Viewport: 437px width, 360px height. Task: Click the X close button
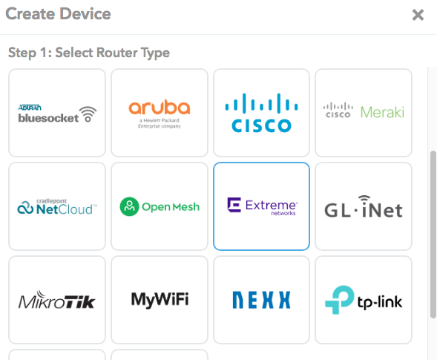(418, 15)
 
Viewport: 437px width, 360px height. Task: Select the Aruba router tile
(160, 113)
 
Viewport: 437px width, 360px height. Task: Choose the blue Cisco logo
(261, 113)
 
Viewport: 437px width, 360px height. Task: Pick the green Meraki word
(382, 112)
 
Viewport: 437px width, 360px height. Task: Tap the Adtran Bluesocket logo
(57, 114)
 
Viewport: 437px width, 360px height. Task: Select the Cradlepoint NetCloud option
(57, 206)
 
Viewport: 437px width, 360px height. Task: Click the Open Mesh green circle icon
(129, 206)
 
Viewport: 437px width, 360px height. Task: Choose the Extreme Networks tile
(261, 206)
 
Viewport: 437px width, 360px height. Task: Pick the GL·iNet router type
(364, 206)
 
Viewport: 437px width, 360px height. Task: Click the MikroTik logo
(57, 300)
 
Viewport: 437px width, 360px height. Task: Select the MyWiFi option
(160, 300)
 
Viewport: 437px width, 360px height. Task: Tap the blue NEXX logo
(261, 300)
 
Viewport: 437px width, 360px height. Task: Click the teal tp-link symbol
(340, 300)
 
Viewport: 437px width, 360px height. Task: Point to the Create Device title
(59, 14)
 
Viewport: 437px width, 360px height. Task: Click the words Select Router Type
(113, 53)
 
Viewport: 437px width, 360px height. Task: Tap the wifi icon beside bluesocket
(88, 114)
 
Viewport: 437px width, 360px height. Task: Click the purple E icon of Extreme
(234, 205)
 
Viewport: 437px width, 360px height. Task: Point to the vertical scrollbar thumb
(433, 235)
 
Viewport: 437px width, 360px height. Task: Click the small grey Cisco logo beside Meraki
(338, 110)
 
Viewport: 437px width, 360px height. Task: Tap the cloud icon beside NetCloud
(25, 208)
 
